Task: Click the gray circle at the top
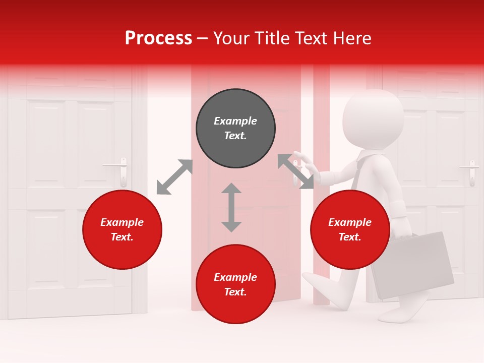coord(235,129)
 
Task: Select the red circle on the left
coord(122,230)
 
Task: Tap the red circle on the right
coord(350,230)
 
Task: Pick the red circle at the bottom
coord(235,284)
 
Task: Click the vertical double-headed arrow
coord(231,207)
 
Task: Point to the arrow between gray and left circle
coord(174,177)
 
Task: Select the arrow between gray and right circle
coord(295,171)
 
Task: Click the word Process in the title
coord(158,38)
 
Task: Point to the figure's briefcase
coord(412,265)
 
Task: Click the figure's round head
coord(373,119)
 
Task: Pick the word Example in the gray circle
coord(235,121)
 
